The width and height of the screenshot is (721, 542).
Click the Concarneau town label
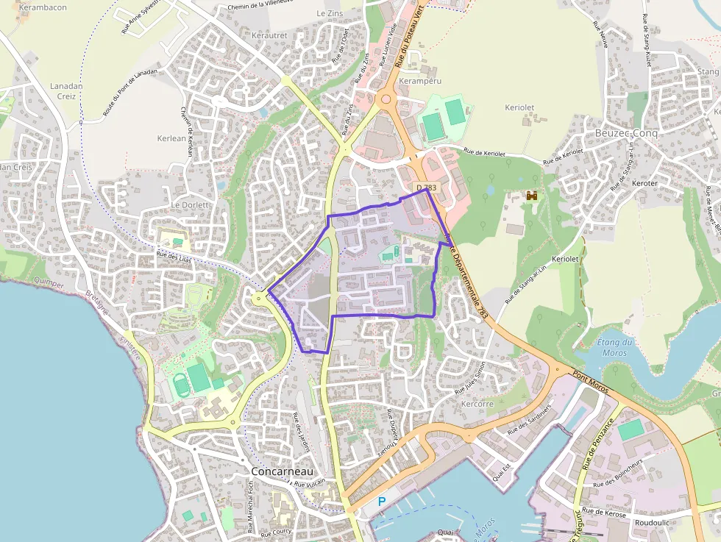pos(282,471)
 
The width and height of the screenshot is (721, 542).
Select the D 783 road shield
pos(426,188)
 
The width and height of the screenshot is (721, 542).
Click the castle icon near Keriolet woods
pos(532,196)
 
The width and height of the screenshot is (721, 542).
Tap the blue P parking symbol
pos(381,502)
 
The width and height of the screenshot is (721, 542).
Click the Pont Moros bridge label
pos(591,383)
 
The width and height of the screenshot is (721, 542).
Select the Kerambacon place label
pos(43,7)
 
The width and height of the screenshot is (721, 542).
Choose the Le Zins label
pos(330,13)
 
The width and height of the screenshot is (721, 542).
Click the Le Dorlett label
pos(191,204)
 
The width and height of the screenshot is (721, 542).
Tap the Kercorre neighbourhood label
pos(477,404)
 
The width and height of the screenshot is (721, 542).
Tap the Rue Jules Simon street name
pos(470,377)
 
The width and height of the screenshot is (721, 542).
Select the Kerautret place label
pos(269,35)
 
